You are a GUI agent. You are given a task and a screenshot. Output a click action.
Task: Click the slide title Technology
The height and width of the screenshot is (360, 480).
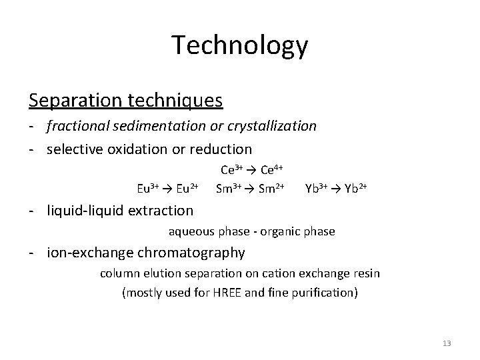pyautogui.click(x=240, y=45)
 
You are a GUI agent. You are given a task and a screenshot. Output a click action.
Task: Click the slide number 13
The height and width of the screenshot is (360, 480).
pyautogui.click(x=446, y=343)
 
